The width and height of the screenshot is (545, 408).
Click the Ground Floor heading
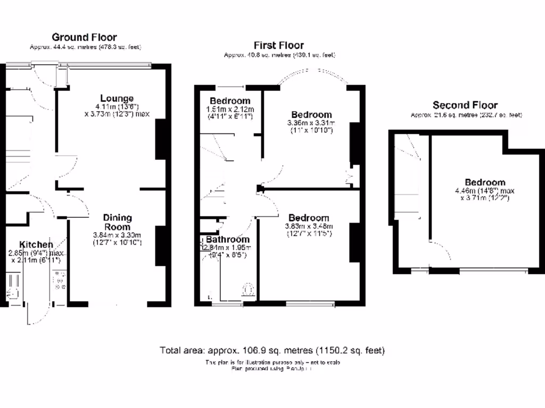point(84,37)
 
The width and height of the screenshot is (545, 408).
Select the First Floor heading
point(279,45)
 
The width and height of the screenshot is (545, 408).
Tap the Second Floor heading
point(465,105)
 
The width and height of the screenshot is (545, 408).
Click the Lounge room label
point(117,98)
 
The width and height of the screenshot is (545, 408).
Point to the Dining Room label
point(117,222)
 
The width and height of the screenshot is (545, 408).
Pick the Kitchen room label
point(36,244)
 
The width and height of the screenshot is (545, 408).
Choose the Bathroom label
point(228,239)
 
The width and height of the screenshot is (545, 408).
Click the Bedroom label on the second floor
point(484,182)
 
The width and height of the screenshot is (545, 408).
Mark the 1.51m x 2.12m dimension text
point(230,109)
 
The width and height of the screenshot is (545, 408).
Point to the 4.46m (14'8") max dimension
point(484,191)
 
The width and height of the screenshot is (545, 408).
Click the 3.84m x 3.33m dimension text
point(117,235)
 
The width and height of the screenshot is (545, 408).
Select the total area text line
point(272,351)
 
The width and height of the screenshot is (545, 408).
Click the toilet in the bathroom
point(247,290)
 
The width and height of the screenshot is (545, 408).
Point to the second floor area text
point(466,115)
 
